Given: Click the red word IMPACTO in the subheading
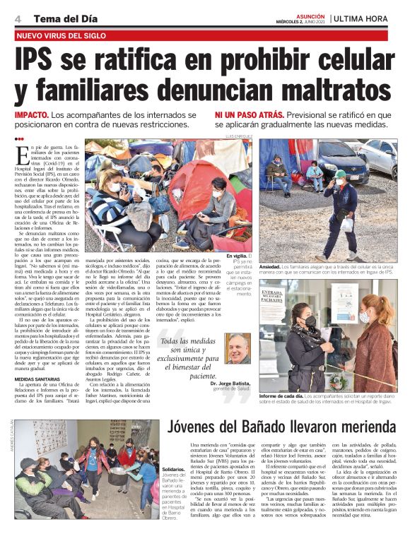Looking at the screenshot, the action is (31, 114).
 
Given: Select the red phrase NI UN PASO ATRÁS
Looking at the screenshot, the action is (250, 114).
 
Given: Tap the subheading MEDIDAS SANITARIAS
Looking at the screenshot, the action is (40, 378).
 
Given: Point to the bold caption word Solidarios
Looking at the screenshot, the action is (174, 469).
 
